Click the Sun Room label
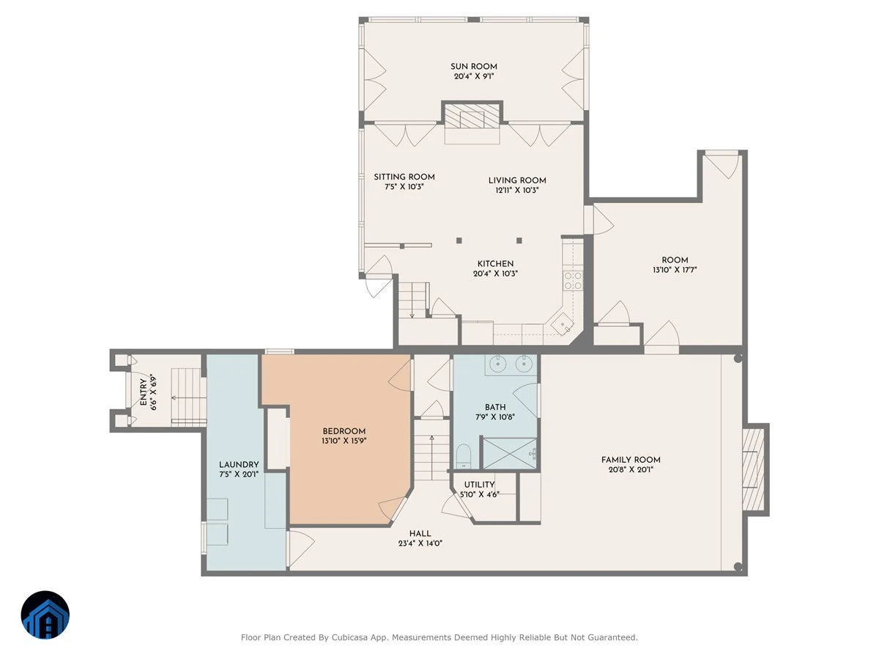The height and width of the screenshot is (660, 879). coord(473,67)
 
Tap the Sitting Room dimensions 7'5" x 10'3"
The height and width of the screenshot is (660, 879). coord(404,186)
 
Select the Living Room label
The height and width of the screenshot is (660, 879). coord(517,180)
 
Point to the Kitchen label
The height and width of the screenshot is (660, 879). coord(495,264)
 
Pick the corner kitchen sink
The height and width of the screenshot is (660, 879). coord(563,324)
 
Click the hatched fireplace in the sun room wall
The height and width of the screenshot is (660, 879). coord(472,117)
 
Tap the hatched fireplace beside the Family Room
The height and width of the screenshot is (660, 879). coord(753,469)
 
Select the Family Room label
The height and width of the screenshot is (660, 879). coord(631,460)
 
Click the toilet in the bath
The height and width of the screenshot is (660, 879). coord(464,456)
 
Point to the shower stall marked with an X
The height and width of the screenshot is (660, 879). coord(509,453)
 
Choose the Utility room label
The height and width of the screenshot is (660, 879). coord(479,485)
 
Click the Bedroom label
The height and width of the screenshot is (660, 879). coord(344,431)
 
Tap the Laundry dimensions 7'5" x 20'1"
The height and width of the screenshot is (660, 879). coord(239,474)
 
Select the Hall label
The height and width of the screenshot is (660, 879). coord(420,533)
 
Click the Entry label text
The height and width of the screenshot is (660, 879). coord(143,392)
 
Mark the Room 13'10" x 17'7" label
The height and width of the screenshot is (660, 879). coord(675,265)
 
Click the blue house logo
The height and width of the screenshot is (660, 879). coord(45,615)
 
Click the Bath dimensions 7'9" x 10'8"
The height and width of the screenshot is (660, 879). coord(495,417)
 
